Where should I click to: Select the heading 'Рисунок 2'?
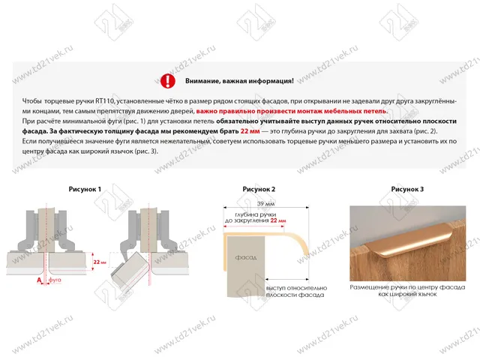click(x=259, y=190)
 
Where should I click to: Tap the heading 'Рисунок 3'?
click(x=408, y=190)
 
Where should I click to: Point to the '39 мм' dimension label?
click(x=264, y=204)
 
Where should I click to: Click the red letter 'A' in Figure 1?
click(x=38, y=279)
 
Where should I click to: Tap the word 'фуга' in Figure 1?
click(x=54, y=279)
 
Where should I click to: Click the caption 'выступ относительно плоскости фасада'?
click(x=296, y=292)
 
